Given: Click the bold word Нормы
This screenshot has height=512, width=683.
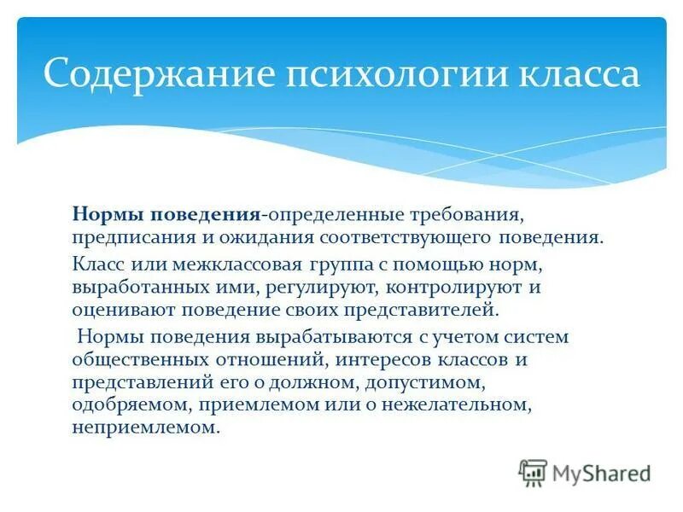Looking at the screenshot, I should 103,212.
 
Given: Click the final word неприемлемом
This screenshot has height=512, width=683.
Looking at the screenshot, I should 145,428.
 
